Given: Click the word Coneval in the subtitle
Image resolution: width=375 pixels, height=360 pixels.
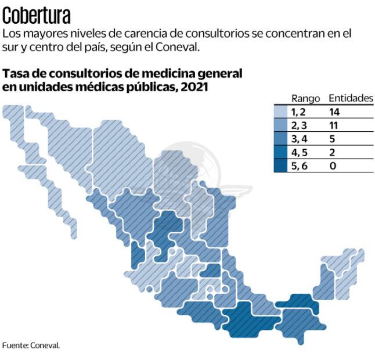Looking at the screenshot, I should click(176, 47).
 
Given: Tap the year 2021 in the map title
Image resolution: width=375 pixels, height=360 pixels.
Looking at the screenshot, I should click(195, 87).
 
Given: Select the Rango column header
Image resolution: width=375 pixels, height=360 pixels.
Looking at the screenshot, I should click(305, 98).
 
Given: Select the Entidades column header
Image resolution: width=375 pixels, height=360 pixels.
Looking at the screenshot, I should click(351, 98).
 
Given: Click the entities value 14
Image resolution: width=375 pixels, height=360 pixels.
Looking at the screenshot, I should click(334, 112).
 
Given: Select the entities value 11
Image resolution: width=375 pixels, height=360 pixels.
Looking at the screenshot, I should click(334, 125).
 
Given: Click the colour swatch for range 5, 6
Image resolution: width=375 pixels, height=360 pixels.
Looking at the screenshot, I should click(281, 165).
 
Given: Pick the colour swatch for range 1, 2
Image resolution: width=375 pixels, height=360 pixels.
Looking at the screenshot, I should click(281, 112).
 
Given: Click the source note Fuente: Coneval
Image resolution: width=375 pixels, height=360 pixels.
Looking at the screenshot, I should click(31, 345).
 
